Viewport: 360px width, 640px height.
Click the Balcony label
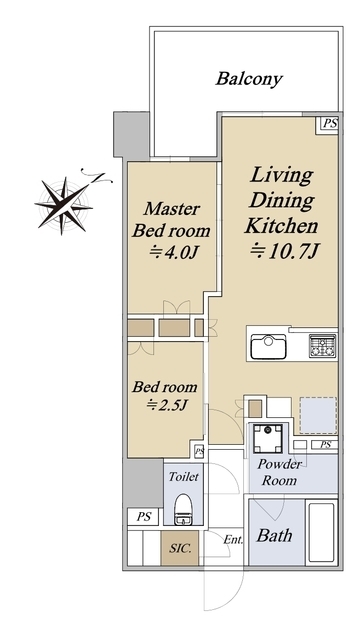(x=249, y=79)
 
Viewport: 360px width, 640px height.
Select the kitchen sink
(x=268, y=347)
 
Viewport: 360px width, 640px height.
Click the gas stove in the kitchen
(x=322, y=346)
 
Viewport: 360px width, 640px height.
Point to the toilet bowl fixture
(x=183, y=509)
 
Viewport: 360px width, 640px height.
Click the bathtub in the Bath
(x=322, y=532)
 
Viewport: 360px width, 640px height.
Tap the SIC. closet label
(x=180, y=549)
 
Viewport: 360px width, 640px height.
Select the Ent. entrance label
(x=233, y=540)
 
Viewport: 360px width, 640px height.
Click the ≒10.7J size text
(x=283, y=251)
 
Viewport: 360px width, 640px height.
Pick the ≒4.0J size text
(x=173, y=253)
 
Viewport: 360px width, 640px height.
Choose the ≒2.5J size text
(x=167, y=405)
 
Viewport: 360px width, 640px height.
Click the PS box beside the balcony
(x=329, y=124)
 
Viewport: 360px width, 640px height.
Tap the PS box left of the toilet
(x=143, y=517)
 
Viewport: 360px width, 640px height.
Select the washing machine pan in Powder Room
(x=267, y=439)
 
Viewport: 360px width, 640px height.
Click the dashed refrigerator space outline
(x=318, y=415)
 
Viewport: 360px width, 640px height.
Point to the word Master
(x=171, y=209)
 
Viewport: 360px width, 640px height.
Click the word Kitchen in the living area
(x=281, y=226)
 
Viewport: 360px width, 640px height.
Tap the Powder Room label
(x=280, y=472)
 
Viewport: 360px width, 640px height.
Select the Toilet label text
(x=184, y=476)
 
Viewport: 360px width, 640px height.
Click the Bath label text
(x=274, y=535)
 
